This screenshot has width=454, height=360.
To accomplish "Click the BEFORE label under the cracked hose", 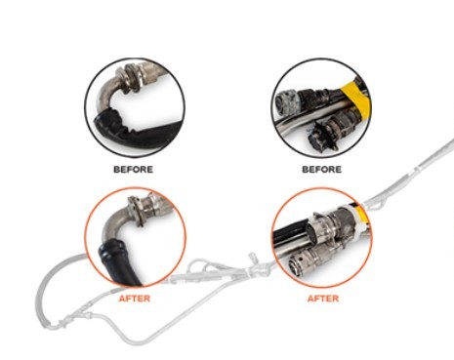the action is (133, 170).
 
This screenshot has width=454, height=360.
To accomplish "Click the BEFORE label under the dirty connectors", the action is (322, 170).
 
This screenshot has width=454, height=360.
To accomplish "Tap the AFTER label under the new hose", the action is (135, 299).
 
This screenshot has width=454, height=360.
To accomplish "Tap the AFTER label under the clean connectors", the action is (323, 299).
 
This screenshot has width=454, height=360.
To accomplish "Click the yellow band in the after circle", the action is (362, 215).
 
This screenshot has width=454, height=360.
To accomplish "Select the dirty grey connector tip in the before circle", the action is (286, 100).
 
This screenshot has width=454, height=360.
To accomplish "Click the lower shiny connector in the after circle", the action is (310, 260).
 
